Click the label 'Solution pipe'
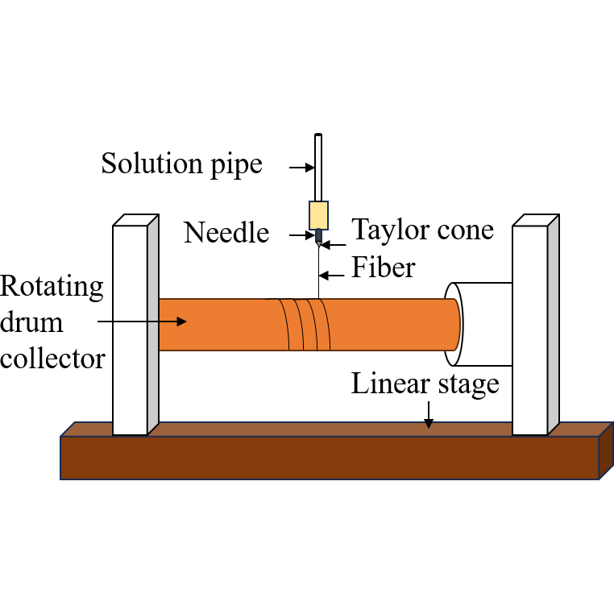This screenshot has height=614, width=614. pos(181,164)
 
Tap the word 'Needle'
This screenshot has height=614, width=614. pos(226,233)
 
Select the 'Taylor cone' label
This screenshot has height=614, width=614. pos(423,230)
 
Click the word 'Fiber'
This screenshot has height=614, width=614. pos(384,268)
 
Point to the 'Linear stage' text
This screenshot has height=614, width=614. pos(425,384)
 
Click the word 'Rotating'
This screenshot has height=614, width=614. pos(52,286)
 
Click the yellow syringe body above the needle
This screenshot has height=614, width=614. pos(318,214)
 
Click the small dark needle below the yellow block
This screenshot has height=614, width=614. pos(319,237)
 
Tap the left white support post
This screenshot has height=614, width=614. pos(130,330)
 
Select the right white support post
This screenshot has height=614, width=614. pos(529,330)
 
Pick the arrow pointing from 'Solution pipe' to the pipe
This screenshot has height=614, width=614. pos(302,168)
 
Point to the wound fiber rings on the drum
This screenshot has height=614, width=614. pos(305,325)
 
